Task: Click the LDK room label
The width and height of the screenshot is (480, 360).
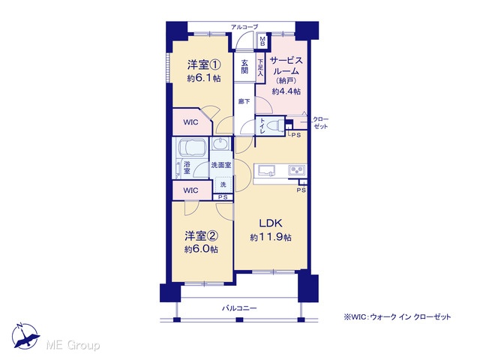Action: [271, 223]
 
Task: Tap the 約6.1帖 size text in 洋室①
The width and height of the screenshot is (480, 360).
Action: [203, 78]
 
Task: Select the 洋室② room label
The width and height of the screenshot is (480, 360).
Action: [201, 235]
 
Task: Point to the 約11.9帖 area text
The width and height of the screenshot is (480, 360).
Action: [271, 237]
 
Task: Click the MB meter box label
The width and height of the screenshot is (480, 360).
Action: [262, 41]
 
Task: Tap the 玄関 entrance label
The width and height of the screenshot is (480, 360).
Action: [244, 67]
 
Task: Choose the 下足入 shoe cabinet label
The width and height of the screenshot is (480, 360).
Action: [260, 67]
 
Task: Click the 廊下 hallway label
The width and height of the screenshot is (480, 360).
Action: [244, 101]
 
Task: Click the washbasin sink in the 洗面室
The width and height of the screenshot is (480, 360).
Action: [220, 144]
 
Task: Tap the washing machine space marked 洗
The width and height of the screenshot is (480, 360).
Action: [223, 184]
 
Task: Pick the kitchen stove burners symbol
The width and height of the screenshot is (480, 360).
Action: [296, 170]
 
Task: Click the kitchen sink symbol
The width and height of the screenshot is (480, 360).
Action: [266, 170]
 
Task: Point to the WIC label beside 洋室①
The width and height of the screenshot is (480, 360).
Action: [190, 122]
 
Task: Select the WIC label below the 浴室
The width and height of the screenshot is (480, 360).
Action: [190, 190]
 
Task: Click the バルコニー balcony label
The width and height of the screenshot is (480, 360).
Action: [239, 308]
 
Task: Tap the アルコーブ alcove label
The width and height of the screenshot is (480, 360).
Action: [244, 27]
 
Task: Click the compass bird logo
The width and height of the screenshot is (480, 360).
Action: [25, 336]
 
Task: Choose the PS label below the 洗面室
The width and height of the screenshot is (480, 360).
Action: [223, 197]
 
